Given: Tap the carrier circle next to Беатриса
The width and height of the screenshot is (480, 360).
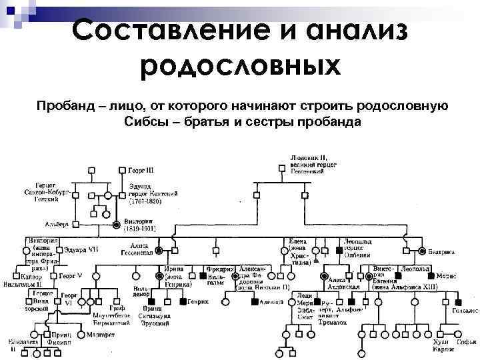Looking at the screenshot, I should point(423,251).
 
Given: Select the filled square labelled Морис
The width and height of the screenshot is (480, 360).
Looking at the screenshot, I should point(431,275).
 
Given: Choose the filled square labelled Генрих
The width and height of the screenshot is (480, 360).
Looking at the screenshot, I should point(181,302).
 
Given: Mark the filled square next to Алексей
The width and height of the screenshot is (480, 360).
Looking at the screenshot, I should point(254,302).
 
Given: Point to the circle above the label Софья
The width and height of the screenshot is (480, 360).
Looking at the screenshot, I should point(461,333).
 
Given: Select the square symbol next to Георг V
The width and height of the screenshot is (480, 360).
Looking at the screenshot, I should point(53,275).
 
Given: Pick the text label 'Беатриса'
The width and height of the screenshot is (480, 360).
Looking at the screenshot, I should point(442,252).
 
